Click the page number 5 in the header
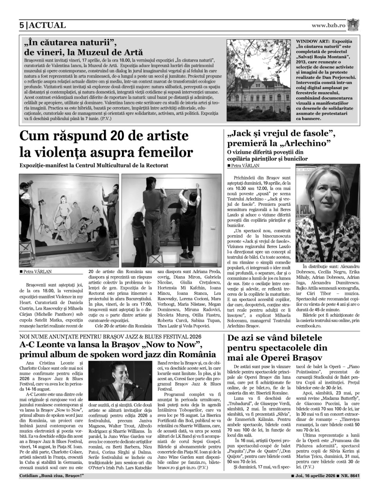pyautogui.click(x=22, y=25)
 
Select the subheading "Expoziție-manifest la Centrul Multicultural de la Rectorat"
pyautogui.click(x=94, y=165)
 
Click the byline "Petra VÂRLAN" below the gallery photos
pyautogui.click(x=37, y=271)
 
